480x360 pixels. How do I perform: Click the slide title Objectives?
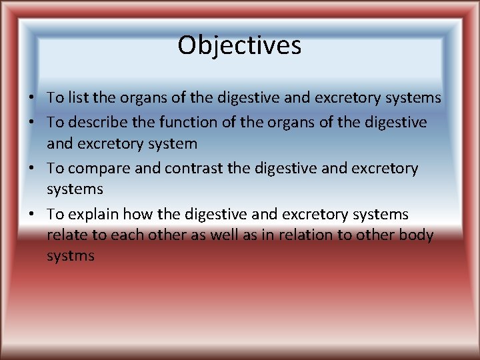click(x=239, y=46)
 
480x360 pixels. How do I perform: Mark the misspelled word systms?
click(x=71, y=256)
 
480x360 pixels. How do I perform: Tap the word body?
click(x=417, y=235)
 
